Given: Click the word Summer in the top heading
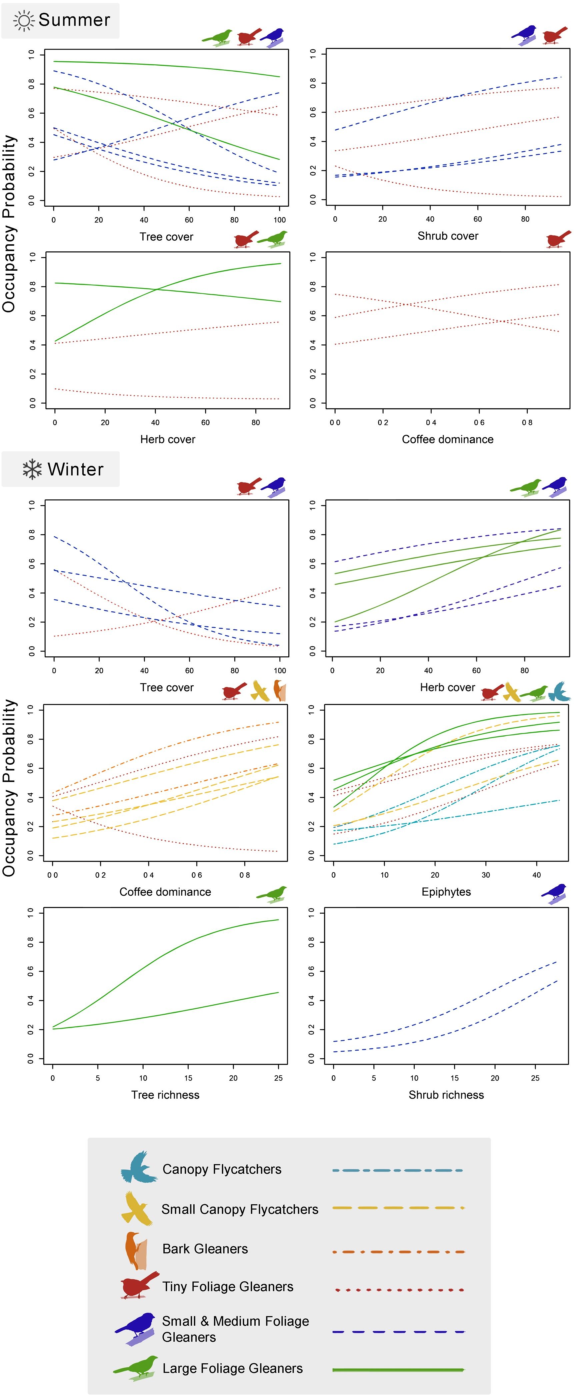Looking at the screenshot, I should pos(74,20).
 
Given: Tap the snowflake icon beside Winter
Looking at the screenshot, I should pos(32,469).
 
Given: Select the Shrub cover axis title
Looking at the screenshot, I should pos(448,236).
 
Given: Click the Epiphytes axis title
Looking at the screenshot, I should pos(446,891).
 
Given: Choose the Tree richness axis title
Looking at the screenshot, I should pos(165,1095).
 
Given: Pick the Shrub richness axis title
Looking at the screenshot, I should pos(446,1095).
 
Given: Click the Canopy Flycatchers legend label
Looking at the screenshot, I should pos(222,1169).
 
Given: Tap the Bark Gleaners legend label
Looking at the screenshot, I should pos(205,1249).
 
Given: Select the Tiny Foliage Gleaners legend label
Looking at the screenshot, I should pos(228,1287).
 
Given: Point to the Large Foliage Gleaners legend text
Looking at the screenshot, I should pos(233,1368).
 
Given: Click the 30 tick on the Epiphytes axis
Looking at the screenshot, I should pos(486,875).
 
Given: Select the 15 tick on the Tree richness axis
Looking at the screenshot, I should pos(188,1078).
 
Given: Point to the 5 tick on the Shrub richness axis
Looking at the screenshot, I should pos(373,1078).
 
